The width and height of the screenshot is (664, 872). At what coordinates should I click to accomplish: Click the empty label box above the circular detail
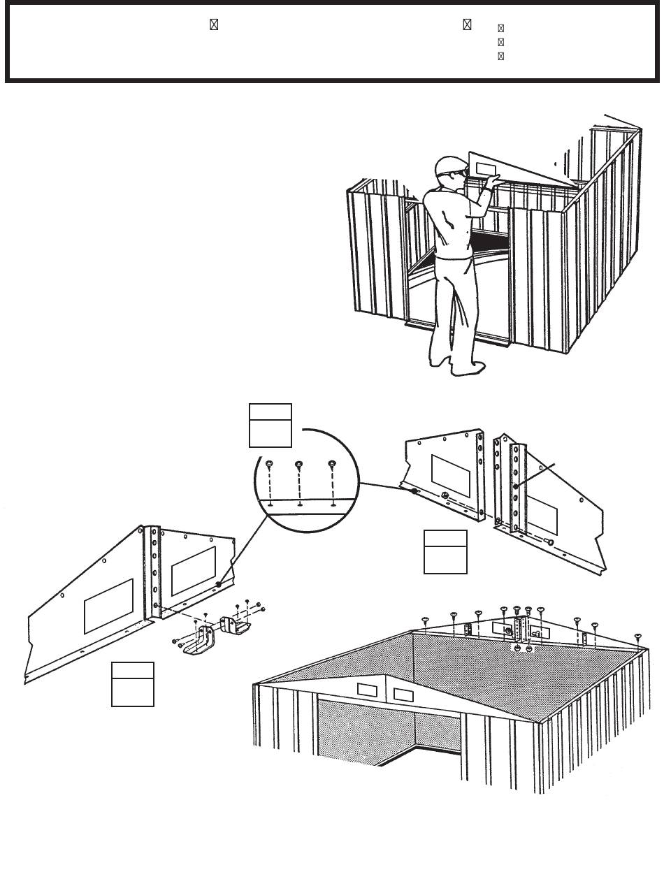pos(270,424)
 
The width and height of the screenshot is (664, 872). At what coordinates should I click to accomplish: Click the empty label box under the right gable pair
pos(445,551)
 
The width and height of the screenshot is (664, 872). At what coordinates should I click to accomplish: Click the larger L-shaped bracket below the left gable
pos(199,641)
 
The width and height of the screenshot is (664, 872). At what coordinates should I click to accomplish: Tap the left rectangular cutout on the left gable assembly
pos(108,606)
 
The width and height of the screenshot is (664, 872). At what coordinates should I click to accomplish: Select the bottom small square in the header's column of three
pos(500,56)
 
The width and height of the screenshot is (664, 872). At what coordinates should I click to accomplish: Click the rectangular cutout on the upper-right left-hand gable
pos(451,475)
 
